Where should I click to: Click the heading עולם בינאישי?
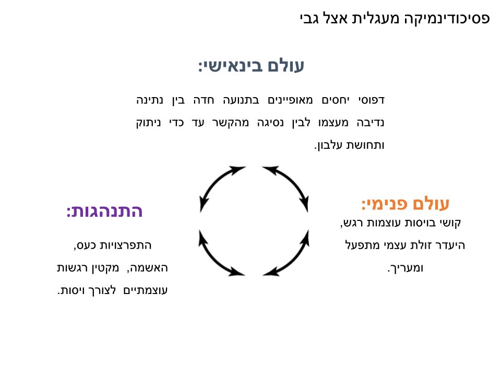coord(251,66)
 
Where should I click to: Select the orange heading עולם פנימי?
coord(405,203)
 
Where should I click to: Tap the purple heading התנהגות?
coord(104,211)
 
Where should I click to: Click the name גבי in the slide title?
coord(309,19)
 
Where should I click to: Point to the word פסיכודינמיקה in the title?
coord(446,19)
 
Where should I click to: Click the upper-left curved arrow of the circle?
coord(219,185)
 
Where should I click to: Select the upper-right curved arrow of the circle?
coord(288,185)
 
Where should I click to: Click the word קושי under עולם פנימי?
coord(450,223)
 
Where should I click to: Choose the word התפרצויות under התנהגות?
coord(130,245)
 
